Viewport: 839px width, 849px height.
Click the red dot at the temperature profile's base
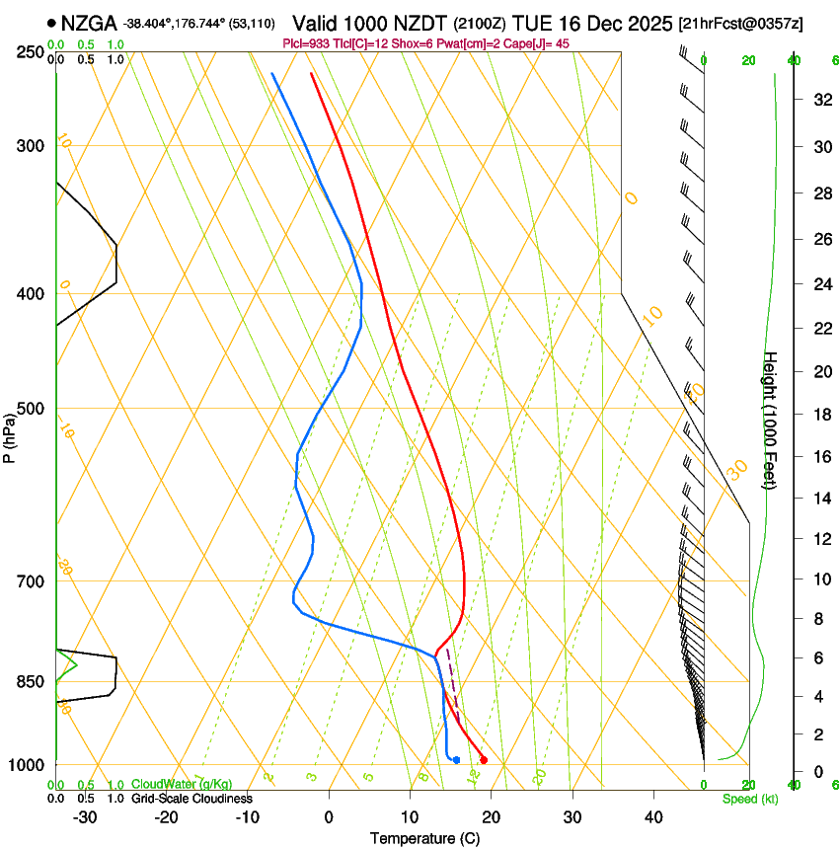[x=484, y=759]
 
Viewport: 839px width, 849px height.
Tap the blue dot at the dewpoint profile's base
[x=456, y=759]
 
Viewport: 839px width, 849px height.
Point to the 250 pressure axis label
[x=31, y=52]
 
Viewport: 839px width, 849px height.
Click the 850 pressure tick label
[x=31, y=682]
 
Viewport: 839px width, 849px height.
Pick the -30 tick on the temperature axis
[x=85, y=817]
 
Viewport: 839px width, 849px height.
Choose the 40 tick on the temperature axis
[x=653, y=817]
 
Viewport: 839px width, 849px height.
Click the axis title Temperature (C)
[x=424, y=838]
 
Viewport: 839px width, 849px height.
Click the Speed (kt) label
[x=749, y=799]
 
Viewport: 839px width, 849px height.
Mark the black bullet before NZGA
[x=51, y=23]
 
